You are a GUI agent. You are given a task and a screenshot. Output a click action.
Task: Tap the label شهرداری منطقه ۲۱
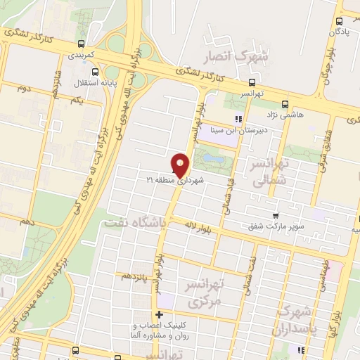click(179, 181)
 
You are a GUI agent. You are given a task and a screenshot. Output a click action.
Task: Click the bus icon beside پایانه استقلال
click(96, 71)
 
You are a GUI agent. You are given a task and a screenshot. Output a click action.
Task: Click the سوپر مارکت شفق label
click(275, 226)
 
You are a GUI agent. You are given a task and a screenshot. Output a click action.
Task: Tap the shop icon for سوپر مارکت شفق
click(275, 216)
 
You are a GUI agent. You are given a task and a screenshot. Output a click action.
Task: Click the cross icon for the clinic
click(160, 314)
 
